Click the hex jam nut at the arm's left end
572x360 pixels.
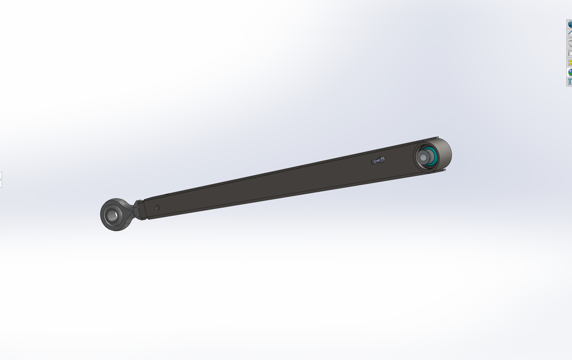[x=140, y=208]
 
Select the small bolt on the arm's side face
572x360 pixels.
[x=378, y=161]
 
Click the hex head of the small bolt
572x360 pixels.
[x=382, y=160]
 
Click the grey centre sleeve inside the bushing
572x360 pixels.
[x=424, y=156]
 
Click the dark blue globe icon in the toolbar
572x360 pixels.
[x=570, y=24]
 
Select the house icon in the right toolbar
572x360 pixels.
[x=570, y=34]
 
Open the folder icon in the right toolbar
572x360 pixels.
[x=570, y=53]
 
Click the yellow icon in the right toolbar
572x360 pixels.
[x=570, y=62]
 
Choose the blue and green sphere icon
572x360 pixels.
[x=570, y=72]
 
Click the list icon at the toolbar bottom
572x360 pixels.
[x=570, y=82]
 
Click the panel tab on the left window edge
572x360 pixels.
[x=1, y=179]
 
